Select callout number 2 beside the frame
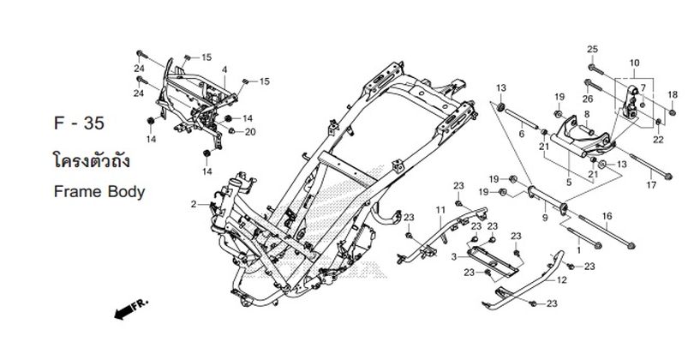[x=194, y=204]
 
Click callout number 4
[x=224, y=69]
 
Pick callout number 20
[x=250, y=131]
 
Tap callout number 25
[x=591, y=48]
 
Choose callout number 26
[x=589, y=83]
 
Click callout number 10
[x=634, y=63]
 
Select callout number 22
[x=657, y=139]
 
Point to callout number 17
[x=651, y=184]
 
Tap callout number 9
[x=545, y=219]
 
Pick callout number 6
[x=521, y=133]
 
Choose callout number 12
[x=562, y=280]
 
